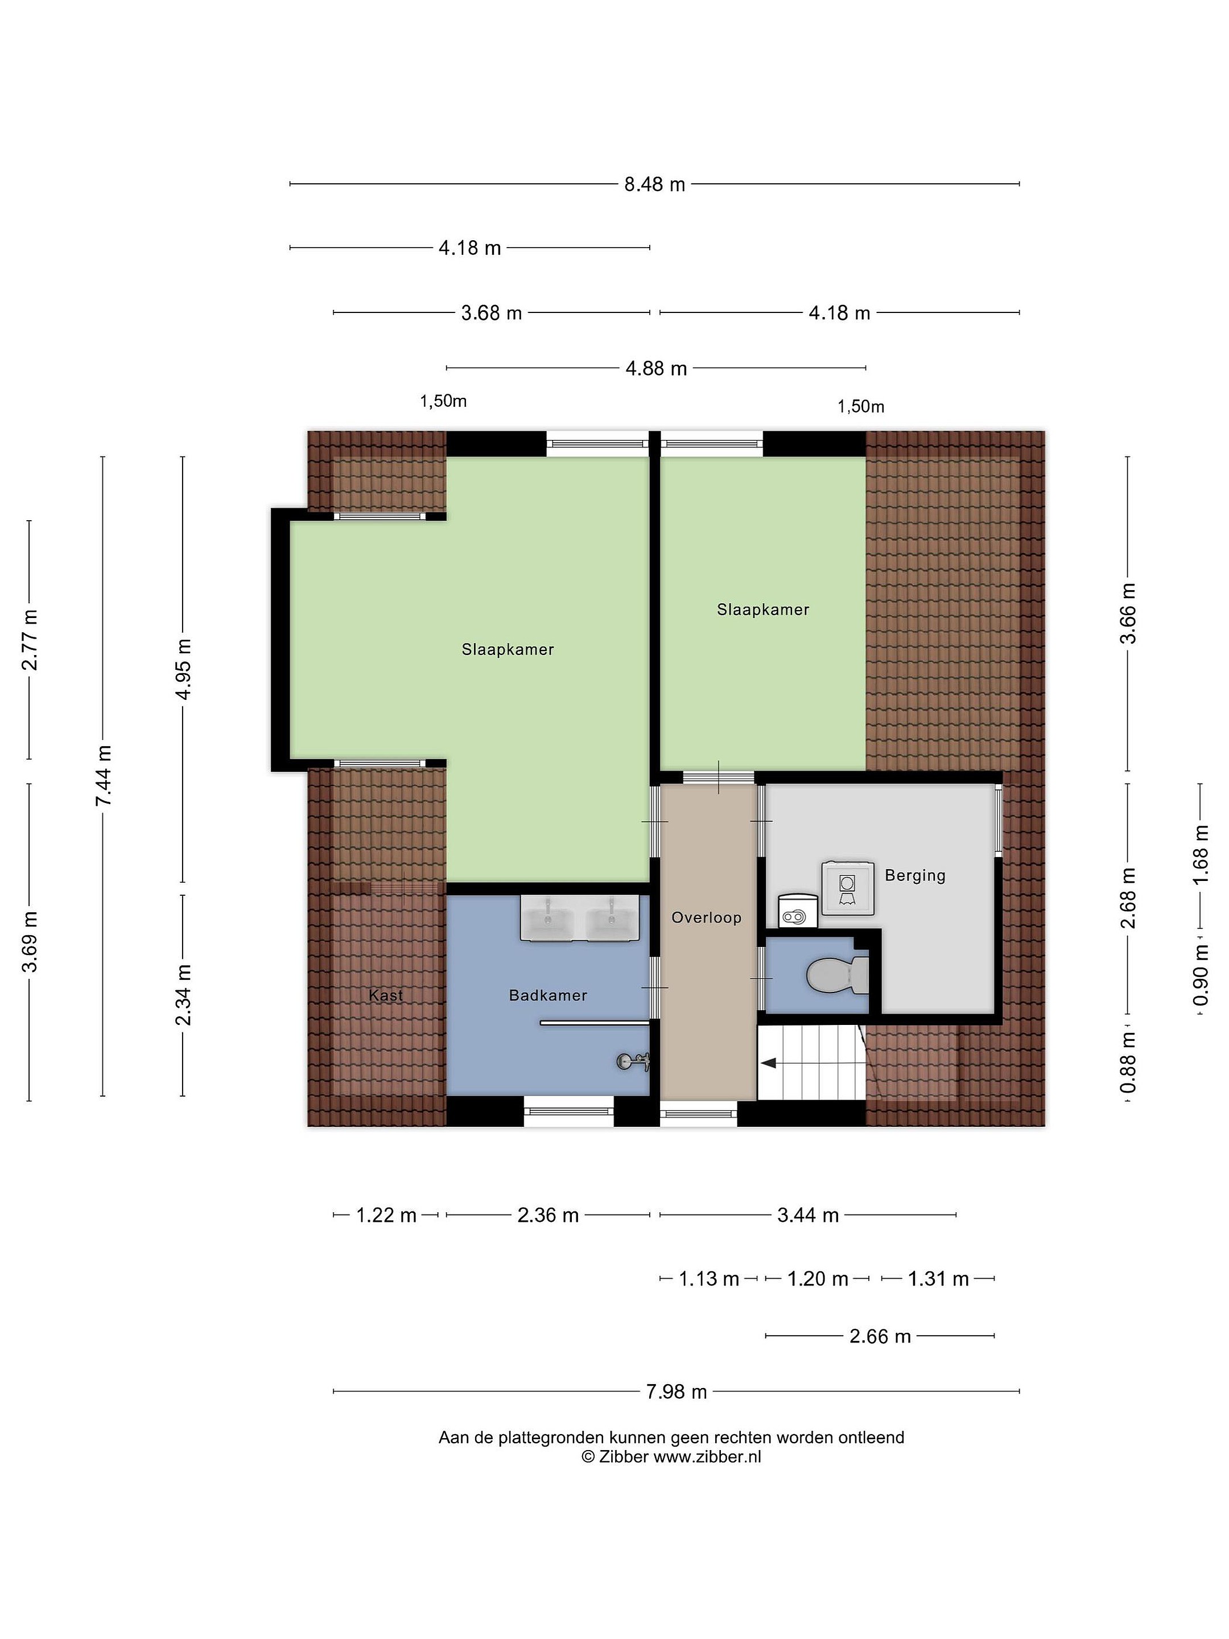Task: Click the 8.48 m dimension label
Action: (x=654, y=184)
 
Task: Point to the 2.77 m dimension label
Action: (x=30, y=640)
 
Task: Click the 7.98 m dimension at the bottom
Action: (x=677, y=1391)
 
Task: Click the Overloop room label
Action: (x=706, y=918)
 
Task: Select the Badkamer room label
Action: (x=547, y=996)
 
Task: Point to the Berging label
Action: (x=915, y=876)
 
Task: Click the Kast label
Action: (x=385, y=995)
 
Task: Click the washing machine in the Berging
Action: (x=847, y=888)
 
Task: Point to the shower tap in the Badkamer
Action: (x=633, y=1063)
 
